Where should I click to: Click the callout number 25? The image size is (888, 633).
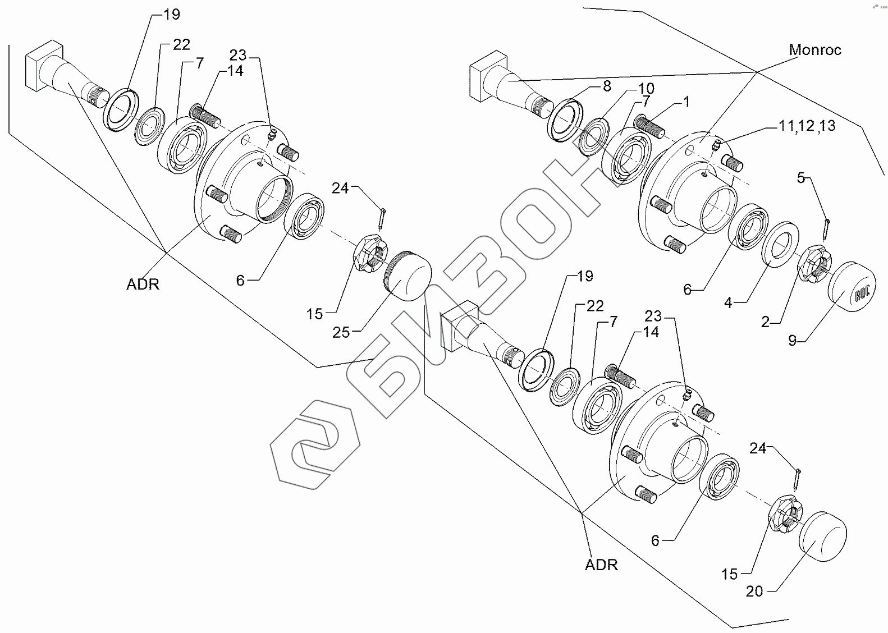pyautogui.click(x=341, y=332)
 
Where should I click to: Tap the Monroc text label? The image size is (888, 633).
pyautogui.click(x=814, y=50)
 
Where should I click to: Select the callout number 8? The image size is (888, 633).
pyautogui.click(x=607, y=86)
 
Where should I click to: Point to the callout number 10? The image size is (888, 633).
pyautogui.click(x=646, y=89)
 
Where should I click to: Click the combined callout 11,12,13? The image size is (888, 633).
pyautogui.click(x=807, y=126)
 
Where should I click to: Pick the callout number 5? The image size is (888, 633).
pyautogui.click(x=801, y=178)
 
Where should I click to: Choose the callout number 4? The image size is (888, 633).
pyautogui.click(x=728, y=303)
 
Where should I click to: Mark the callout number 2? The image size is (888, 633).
pyautogui.click(x=765, y=322)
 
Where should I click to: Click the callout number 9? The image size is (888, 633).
pyautogui.click(x=792, y=340)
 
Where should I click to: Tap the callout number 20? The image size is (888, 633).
pyautogui.click(x=755, y=591)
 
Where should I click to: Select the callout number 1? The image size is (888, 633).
pyautogui.click(x=686, y=102)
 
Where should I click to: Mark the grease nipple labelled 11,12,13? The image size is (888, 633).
pyautogui.click(x=716, y=146)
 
